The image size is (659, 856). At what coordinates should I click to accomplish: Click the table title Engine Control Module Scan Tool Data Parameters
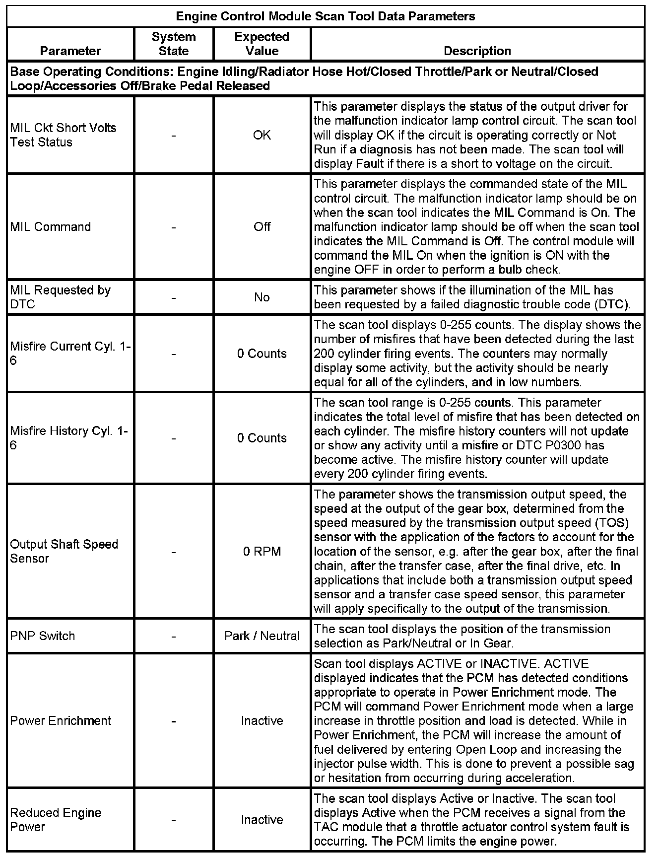pos(326,16)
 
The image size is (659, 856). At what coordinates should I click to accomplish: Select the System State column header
pos(174,44)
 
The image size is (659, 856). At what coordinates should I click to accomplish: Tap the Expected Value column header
pos(262,44)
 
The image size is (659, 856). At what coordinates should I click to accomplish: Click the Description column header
pos(477,51)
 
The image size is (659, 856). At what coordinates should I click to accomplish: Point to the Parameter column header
pos(70,51)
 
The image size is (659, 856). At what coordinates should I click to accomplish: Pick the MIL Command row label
pos(51,227)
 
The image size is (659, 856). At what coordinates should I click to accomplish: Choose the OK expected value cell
pos(262,135)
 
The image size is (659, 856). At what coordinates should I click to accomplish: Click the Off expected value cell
pos(262,227)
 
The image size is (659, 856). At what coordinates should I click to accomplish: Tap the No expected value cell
pos(262,297)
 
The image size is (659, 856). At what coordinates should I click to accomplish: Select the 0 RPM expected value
pos(262,552)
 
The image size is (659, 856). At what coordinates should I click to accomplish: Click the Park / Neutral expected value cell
pos(262,636)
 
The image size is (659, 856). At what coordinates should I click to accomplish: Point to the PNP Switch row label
pos(43,636)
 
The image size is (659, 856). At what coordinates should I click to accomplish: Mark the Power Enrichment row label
pos(61,721)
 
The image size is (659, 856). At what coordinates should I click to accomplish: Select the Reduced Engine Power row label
pos(56,820)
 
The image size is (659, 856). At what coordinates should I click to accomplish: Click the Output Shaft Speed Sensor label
pos(64,551)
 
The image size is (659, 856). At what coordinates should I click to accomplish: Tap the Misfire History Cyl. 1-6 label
pos(69,438)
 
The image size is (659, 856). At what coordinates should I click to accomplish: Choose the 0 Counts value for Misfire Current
pos(262,354)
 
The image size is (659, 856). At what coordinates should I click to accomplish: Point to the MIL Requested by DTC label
pos(61,297)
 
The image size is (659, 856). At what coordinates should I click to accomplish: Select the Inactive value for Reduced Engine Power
pos(262,820)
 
